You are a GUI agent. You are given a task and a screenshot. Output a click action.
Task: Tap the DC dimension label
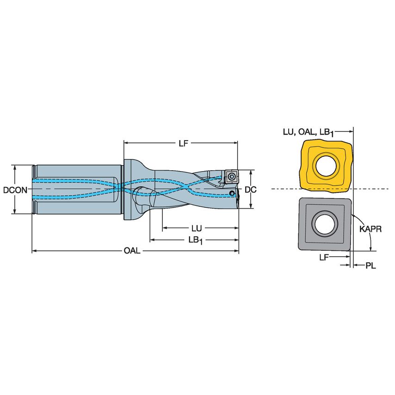250,189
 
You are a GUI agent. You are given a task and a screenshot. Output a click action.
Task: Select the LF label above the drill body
183,143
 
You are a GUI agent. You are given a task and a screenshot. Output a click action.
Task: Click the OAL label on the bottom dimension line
132,251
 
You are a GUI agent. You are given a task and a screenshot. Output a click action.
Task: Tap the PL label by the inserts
370,265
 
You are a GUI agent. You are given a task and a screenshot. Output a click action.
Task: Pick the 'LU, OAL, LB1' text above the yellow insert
308,132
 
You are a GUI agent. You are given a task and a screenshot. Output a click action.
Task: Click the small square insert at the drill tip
230,176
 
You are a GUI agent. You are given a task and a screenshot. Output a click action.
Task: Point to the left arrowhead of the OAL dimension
34,251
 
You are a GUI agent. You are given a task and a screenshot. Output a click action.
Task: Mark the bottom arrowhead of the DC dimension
250,206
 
